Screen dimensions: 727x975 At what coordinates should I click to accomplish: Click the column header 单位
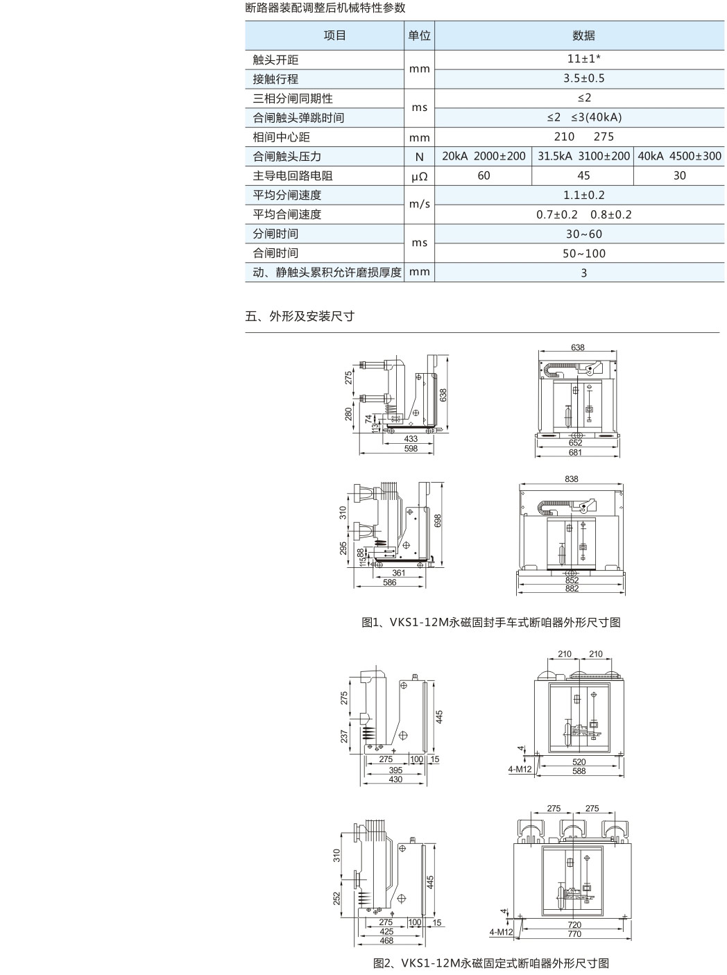coord(419,35)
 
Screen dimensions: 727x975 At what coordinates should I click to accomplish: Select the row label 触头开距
coord(275,60)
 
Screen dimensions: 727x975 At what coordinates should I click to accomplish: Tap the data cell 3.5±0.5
coord(584,78)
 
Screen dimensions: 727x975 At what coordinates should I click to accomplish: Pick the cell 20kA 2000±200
coord(484,156)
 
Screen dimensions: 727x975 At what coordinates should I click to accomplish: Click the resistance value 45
coord(583,176)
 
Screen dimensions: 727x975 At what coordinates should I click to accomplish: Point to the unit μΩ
coord(419,176)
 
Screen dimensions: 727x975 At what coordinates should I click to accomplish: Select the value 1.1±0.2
coord(584,196)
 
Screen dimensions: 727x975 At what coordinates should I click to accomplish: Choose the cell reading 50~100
coord(584,254)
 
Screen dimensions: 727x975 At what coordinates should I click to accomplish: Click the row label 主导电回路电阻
coord(293,176)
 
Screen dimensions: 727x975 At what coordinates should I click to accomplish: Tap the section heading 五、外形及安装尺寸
coord(300,316)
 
